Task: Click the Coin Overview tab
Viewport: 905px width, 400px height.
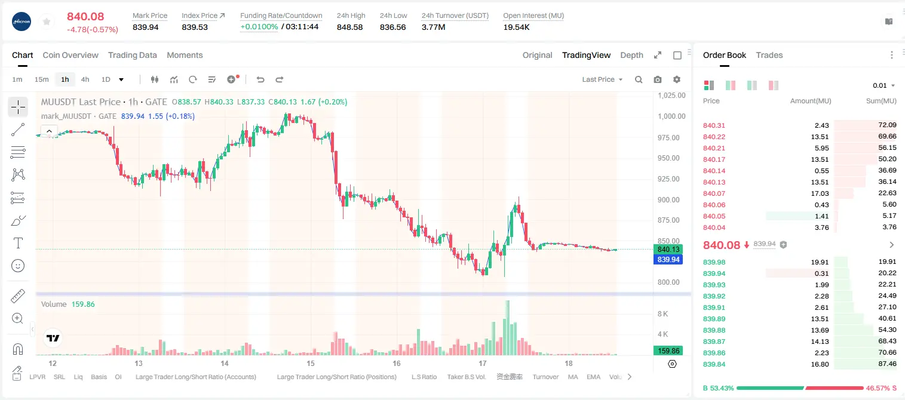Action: pyautogui.click(x=70, y=56)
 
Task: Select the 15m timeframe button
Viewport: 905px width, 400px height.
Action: pyautogui.click(x=42, y=79)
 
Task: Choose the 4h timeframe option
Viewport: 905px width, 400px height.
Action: pyautogui.click(x=85, y=79)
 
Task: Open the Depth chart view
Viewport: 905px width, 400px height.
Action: pyautogui.click(x=631, y=56)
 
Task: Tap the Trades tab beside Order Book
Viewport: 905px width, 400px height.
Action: pyautogui.click(x=769, y=56)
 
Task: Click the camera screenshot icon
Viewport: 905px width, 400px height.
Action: pyautogui.click(x=658, y=79)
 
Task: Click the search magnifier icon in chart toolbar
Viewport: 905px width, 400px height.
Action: pyautogui.click(x=639, y=79)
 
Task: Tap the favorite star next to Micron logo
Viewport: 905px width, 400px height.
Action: pyautogui.click(x=47, y=21)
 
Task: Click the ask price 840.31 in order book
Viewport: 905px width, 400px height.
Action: pyautogui.click(x=714, y=125)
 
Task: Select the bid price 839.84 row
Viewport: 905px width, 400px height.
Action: pyautogui.click(x=714, y=364)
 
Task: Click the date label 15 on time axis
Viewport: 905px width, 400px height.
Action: pyautogui.click(x=310, y=363)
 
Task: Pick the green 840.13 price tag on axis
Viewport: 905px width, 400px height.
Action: pyautogui.click(x=668, y=250)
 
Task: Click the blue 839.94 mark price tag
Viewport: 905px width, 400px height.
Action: pyautogui.click(x=668, y=260)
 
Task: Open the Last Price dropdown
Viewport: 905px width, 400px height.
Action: pyautogui.click(x=602, y=79)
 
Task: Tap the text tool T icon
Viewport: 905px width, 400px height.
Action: pyautogui.click(x=18, y=243)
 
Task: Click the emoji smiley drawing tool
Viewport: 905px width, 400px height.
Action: pyautogui.click(x=18, y=266)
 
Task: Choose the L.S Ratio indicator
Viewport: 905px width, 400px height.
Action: pyautogui.click(x=424, y=377)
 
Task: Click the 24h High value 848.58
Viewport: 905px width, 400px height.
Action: pyautogui.click(x=349, y=27)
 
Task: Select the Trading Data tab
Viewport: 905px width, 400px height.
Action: pyautogui.click(x=133, y=56)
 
